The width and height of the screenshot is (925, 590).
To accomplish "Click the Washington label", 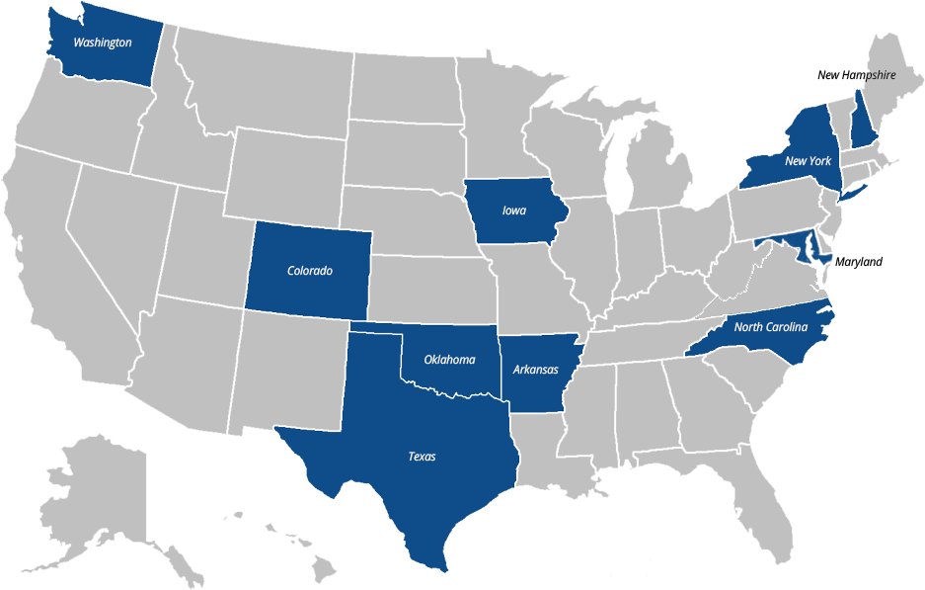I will click(x=102, y=42).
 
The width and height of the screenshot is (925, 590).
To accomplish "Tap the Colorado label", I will click(x=310, y=270).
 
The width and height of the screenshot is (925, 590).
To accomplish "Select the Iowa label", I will click(x=514, y=211).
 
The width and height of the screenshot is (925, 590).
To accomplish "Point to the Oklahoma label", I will click(x=449, y=359).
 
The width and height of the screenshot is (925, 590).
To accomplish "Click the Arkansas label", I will click(x=536, y=370).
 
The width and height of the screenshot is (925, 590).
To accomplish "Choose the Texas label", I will click(x=422, y=457).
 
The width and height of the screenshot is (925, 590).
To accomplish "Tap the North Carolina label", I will click(x=770, y=327).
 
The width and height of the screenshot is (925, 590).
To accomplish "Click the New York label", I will click(x=808, y=160).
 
